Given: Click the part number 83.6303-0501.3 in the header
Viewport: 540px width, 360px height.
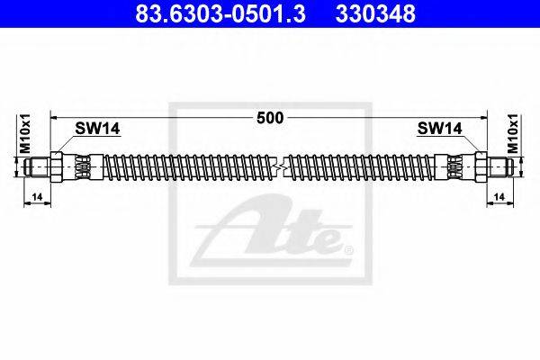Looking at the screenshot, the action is click(x=220, y=13).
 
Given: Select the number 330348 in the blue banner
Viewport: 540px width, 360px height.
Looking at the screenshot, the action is click(x=375, y=13).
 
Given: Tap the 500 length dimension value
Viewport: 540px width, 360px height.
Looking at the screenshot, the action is click(x=270, y=118).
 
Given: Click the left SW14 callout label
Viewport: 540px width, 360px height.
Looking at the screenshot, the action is click(x=97, y=129).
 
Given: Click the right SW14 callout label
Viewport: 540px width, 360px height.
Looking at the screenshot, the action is click(x=439, y=129).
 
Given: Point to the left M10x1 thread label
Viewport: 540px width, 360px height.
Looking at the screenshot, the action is click(x=25, y=134).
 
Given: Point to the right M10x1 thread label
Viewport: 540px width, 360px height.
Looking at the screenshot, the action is click(x=513, y=134).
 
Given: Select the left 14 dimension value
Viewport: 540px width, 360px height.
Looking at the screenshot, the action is click(x=37, y=197).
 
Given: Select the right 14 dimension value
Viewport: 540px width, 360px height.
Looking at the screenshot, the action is click(x=499, y=197).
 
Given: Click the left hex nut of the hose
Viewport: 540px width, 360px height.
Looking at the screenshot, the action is click(x=56, y=167).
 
